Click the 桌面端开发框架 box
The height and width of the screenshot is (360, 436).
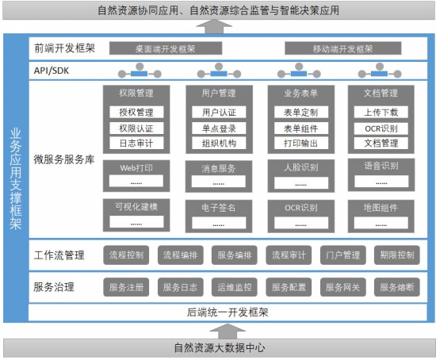click(166, 48)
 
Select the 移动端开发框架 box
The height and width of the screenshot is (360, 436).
click(342, 48)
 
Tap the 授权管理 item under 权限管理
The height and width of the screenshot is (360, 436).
click(136, 112)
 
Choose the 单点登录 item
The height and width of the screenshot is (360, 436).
click(219, 128)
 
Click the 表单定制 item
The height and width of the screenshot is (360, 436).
click(301, 112)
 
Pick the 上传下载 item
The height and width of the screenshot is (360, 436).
click(381, 112)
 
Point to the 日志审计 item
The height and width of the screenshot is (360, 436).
click(136, 143)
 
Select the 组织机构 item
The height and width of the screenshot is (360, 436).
click(219, 143)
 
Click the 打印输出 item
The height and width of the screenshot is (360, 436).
click(301, 143)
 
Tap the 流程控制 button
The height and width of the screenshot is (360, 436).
click(126, 255)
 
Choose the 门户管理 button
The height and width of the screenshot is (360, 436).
click(342, 255)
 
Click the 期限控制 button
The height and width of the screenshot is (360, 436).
click(397, 255)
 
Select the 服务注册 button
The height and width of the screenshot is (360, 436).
click(126, 287)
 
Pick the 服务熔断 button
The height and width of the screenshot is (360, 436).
click(397, 287)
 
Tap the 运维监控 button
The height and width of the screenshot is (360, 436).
click(235, 287)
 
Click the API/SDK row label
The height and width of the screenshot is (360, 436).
click(52, 71)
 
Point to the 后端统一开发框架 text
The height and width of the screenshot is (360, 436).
click(228, 312)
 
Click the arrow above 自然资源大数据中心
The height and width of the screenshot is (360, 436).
click(228, 331)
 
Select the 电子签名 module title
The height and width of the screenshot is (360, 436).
click(219, 208)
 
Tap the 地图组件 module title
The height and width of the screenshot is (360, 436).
click(381, 208)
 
